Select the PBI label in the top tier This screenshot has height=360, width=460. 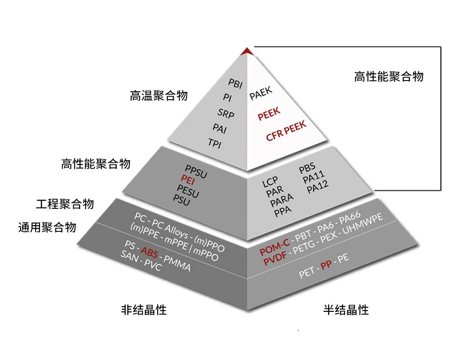pos(236,84)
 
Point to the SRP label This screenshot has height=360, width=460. pos(226,113)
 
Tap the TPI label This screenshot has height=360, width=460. pos(215,143)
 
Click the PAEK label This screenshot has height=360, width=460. pos(261,93)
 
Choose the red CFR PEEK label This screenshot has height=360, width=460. pos(286,130)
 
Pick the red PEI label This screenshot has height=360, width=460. pos(188,179)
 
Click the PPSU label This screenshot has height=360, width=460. pos(196,171)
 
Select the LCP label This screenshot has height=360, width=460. pos(270,182)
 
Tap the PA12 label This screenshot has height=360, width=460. pos(317,187)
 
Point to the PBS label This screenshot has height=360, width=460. pos(307,167)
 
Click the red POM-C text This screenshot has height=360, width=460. pos(275,247)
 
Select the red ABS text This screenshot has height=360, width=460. pos(149,252)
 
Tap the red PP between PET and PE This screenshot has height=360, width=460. pos(326,265)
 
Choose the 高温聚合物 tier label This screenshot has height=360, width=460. pos(159,95)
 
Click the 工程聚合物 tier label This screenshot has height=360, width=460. pos(65,204)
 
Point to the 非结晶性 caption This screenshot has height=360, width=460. pos(144,310)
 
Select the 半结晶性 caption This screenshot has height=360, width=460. pos(346,310)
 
